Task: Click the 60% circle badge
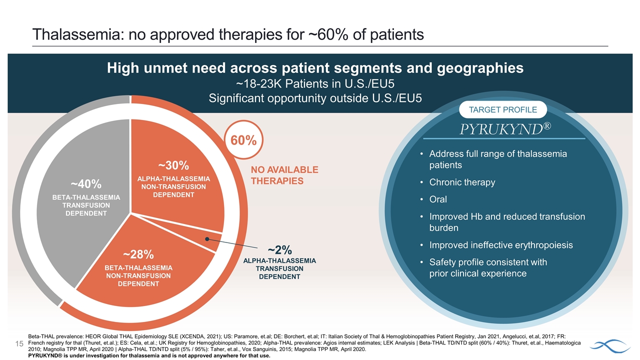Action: click(x=243, y=140)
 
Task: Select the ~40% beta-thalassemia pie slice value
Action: click(x=86, y=184)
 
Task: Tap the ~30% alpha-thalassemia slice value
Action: click(x=173, y=165)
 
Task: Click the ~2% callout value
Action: click(x=279, y=249)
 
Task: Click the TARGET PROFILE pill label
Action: click(x=502, y=109)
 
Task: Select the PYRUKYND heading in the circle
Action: click(x=505, y=129)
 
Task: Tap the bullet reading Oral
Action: click(x=438, y=199)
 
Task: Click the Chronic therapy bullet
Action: click(x=462, y=182)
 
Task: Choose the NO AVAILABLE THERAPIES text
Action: click(x=284, y=175)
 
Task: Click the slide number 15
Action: click(x=19, y=344)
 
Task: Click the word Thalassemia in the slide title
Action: click(x=65, y=34)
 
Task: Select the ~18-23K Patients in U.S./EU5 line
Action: click(x=315, y=83)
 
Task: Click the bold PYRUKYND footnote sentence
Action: click(x=149, y=356)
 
